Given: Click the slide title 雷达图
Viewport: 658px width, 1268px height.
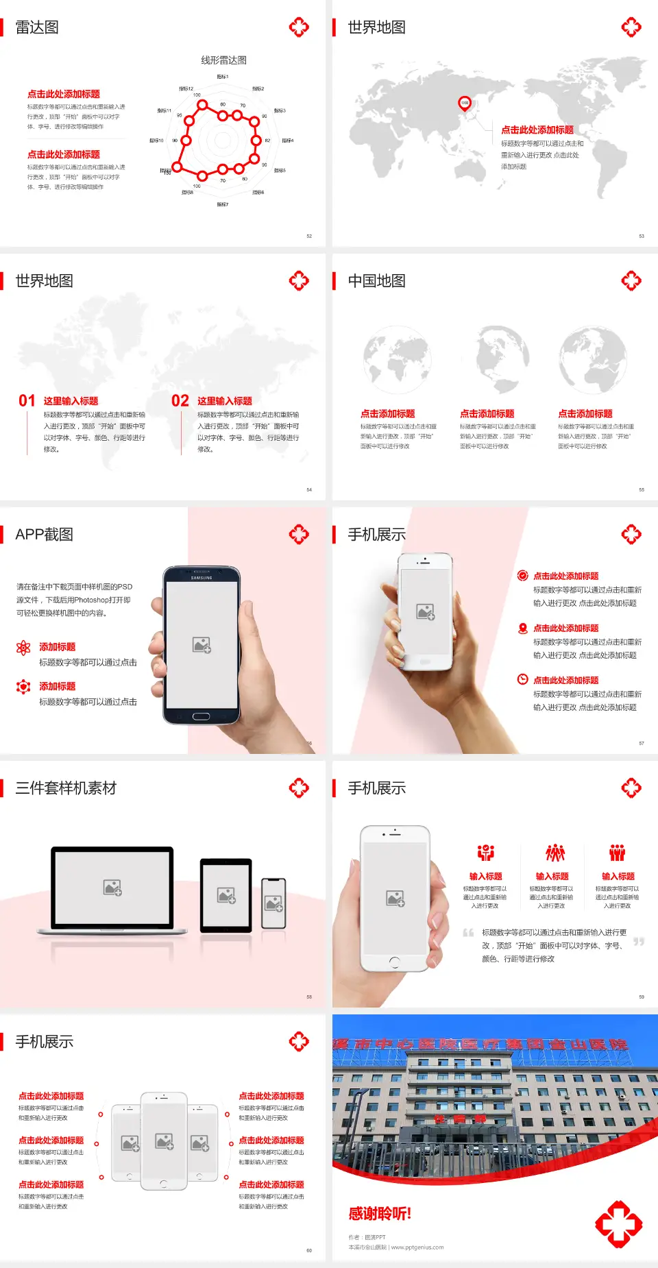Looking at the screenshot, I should (37, 27).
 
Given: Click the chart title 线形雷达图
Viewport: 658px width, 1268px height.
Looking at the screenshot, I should (223, 60).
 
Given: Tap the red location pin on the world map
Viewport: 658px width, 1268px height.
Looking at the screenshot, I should (465, 103).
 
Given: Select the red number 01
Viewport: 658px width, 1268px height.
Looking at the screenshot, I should (27, 401).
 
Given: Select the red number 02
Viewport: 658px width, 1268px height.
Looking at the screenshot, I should (180, 401).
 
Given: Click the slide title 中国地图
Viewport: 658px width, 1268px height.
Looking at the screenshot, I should (376, 281).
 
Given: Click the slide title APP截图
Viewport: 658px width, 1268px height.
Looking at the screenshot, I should (44, 535).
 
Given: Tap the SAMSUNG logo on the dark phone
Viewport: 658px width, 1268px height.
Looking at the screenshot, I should (201, 578).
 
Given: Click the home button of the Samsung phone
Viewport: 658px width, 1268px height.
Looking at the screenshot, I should (201, 716).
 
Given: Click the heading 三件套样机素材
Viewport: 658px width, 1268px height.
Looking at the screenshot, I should (66, 788).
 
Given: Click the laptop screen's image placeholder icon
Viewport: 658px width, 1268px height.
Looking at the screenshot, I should (112, 888).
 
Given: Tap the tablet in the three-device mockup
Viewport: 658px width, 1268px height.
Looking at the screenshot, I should (226, 895).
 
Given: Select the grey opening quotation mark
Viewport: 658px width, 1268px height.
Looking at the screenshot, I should (468, 932).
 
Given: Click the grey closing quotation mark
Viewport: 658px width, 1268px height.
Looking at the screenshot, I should (639, 942).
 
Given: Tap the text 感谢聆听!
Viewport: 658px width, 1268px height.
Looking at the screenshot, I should (380, 1214).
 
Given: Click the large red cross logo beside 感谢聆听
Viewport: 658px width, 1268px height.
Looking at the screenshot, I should (618, 1223).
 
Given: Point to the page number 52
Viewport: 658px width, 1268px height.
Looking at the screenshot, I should (309, 236).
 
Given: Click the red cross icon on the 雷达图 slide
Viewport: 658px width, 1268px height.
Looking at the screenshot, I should (299, 27).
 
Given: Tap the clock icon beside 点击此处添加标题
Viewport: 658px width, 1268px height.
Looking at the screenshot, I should (522, 679).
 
